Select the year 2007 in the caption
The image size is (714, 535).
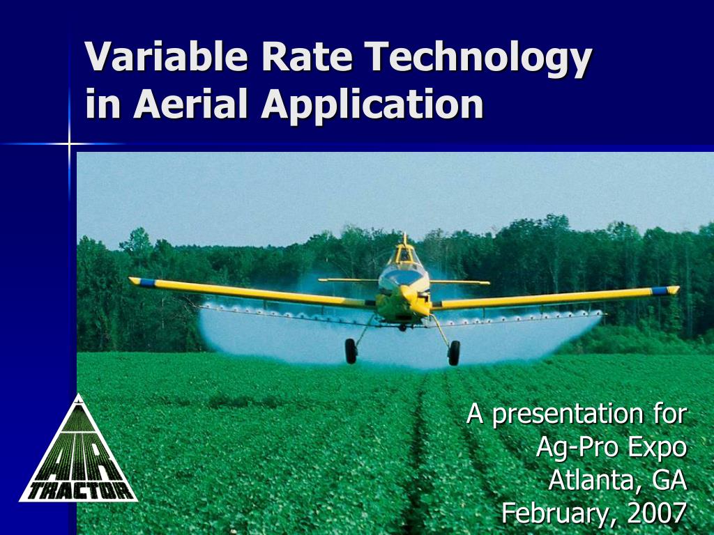[657, 513]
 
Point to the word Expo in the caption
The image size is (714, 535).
[657, 447]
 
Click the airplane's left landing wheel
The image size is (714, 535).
[351, 350]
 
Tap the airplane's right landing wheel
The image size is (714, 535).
[454, 352]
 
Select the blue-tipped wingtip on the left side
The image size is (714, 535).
[142, 281]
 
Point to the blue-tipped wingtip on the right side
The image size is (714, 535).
[665, 290]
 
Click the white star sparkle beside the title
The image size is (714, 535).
[70, 144]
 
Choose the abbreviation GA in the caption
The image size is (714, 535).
[669, 480]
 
